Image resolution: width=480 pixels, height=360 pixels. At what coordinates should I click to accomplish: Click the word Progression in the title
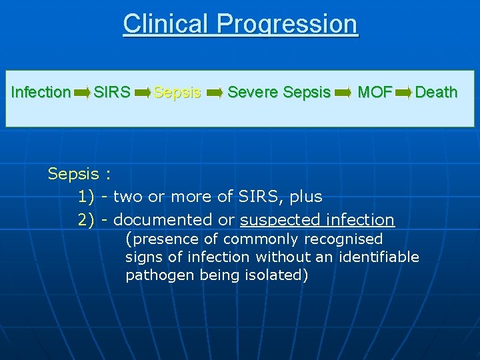pyautogui.click(x=287, y=25)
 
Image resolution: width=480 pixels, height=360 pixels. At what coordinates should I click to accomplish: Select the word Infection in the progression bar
pyautogui.click(x=41, y=92)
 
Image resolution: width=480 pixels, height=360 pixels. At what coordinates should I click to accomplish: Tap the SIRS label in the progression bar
pyautogui.click(x=112, y=92)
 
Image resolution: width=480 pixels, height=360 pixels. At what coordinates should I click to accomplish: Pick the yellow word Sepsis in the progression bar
pyautogui.click(x=177, y=92)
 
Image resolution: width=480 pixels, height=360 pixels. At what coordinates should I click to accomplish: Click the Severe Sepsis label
pyautogui.click(x=279, y=92)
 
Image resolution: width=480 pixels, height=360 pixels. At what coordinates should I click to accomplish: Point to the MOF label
pyautogui.click(x=374, y=92)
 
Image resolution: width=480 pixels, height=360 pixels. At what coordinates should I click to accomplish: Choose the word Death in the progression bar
pyautogui.click(x=436, y=92)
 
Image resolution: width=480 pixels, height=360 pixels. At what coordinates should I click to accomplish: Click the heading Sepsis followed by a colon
pyautogui.click(x=79, y=175)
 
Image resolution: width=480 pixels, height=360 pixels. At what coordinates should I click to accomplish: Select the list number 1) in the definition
pyautogui.click(x=87, y=197)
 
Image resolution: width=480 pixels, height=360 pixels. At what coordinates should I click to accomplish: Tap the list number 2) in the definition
pyautogui.click(x=87, y=220)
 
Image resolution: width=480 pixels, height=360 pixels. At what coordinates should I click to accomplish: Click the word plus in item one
pyautogui.click(x=306, y=197)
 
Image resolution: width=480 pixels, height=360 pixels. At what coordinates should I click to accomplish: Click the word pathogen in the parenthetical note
pyautogui.click(x=160, y=275)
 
